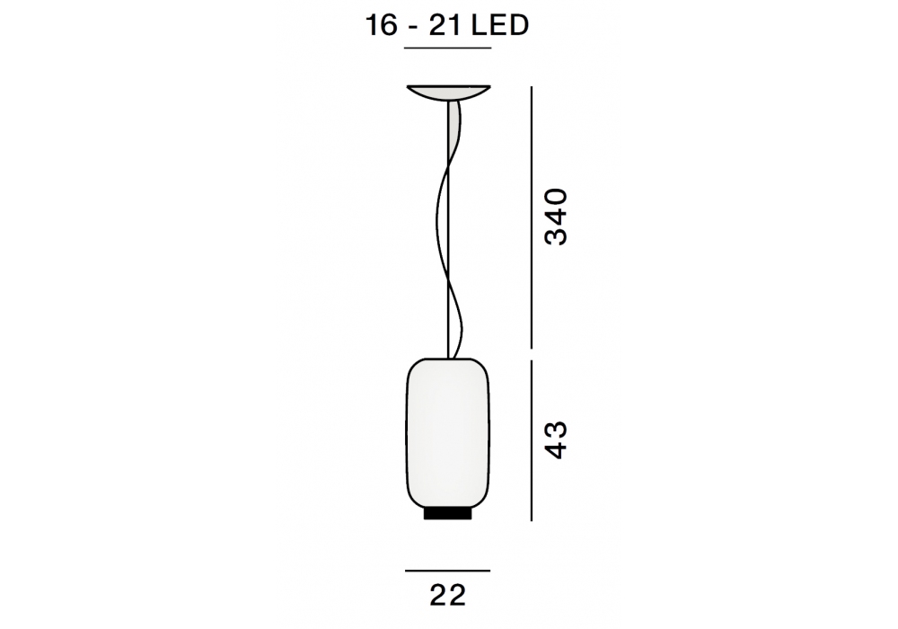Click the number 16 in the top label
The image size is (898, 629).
(x=382, y=25)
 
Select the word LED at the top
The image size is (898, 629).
(x=499, y=25)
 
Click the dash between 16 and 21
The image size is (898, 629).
(x=412, y=28)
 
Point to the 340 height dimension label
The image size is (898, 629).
(x=556, y=217)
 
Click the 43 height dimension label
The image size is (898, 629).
(x=556, y=440)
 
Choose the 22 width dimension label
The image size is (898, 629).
(x=448, y=596)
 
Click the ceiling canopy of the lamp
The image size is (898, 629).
(x=448, y=93)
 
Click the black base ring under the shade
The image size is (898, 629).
(x=448, y=513)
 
